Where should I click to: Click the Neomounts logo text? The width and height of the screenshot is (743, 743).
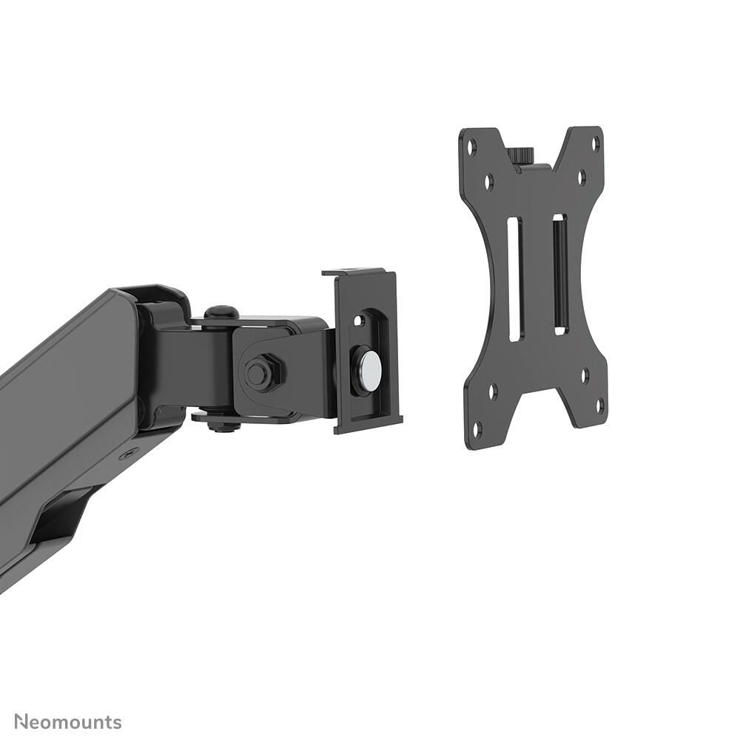pos(68,722)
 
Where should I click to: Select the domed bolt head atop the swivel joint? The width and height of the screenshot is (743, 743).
pos(221,313)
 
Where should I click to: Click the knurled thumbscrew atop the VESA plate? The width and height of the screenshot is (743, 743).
pos(522,156)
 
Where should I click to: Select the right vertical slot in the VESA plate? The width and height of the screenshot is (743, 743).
pos(559,274)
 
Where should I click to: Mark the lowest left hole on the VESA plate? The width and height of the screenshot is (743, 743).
pos(477,427)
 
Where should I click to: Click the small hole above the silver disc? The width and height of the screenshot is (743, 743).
pos(360,320)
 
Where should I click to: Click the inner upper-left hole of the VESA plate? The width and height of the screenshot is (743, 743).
pos(489,179)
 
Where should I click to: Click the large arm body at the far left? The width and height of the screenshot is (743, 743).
pos(59,414)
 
